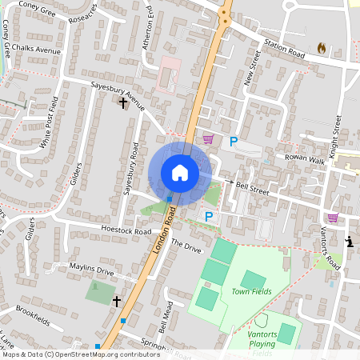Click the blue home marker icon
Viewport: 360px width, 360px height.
[180, 173]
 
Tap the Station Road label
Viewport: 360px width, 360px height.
[285, 53]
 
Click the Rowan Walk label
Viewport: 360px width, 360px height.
[307, 160]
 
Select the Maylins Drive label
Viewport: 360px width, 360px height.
[92, 270]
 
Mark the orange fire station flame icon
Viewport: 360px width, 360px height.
[322, 48]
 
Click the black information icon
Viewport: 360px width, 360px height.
[348, 242]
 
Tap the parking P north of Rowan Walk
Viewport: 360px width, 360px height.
[234, 142]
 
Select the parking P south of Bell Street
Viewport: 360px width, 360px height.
[209, 216]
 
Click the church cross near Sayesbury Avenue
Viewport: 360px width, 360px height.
[123, 102]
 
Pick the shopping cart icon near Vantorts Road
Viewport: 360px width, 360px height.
[333, 218]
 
